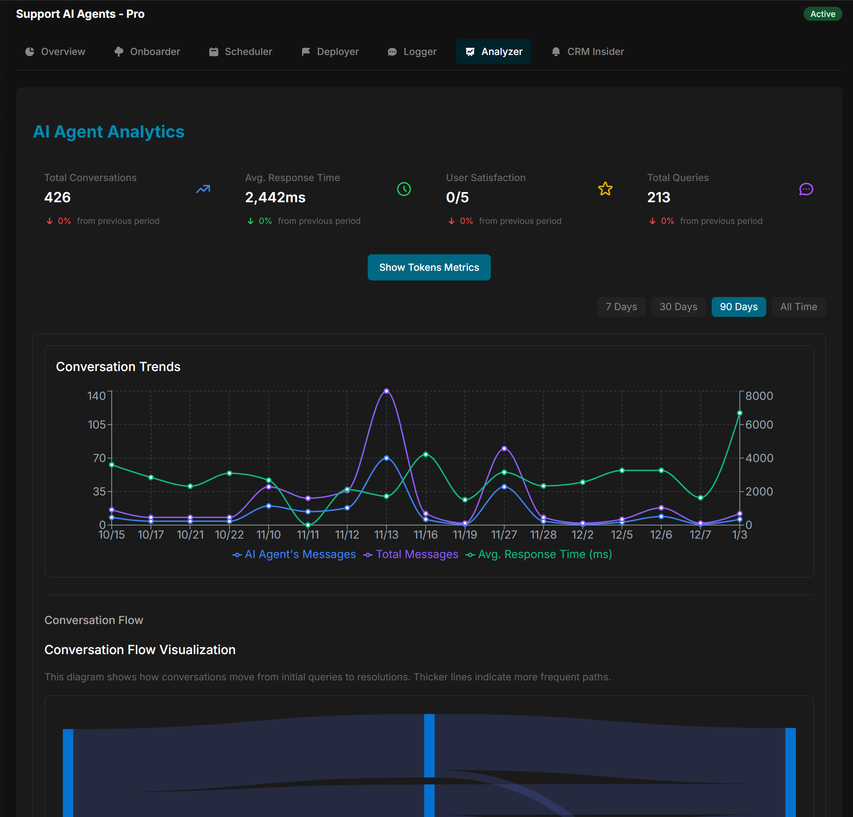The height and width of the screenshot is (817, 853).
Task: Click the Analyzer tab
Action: (x=493, y=51)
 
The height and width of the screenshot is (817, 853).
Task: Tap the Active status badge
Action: (x=822, y=14)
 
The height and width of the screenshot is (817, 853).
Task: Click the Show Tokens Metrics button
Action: (x=429, y=267)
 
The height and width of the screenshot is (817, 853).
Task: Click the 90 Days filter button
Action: (x=738, y=307)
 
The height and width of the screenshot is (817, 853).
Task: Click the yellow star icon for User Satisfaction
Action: (x=605, y=189)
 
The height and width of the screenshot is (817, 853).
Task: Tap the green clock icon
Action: (x=404, y=189)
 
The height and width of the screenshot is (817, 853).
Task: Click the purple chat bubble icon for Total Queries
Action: (x=806, y=189)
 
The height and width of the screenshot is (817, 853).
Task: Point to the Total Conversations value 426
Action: (x=58, y=197)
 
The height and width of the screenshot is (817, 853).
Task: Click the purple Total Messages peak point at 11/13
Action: (x=386, y=391)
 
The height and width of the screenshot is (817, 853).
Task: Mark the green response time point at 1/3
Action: (x=740, y=413)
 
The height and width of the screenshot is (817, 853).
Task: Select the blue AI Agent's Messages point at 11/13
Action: (x=386, y=458)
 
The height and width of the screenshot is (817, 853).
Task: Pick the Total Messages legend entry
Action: (x=411, y=554)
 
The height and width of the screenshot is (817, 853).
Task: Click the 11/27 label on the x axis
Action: (x=504, y=534)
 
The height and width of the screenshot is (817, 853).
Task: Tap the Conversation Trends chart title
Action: (x=118, y=366)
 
